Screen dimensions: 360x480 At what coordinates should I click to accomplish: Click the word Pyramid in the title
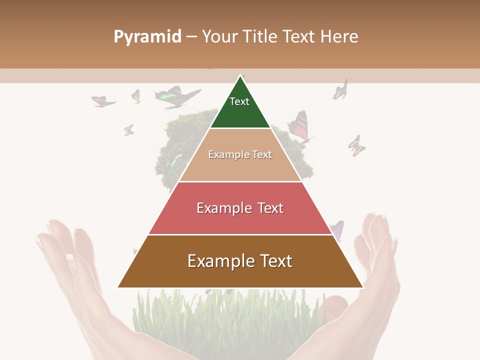point(147,36)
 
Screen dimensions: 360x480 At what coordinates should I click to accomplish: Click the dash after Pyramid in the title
point(191,37)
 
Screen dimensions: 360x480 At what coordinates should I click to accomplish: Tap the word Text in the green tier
point(239,101)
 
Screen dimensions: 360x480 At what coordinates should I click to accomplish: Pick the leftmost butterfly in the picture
point(103,101)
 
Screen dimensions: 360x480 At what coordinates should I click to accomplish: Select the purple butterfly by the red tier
point(337,229)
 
